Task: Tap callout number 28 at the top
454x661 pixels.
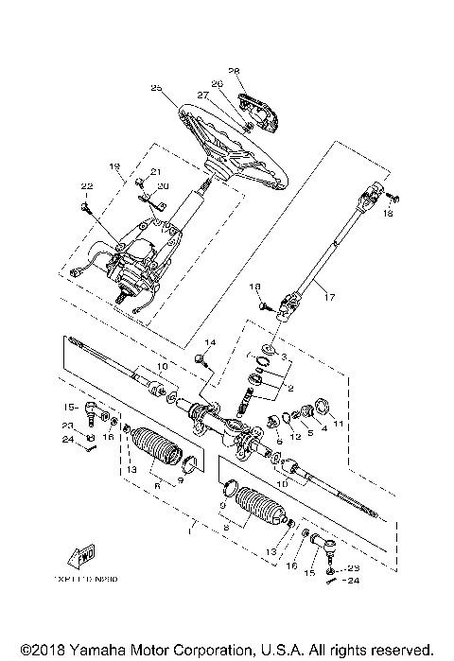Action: (x=236, y=71)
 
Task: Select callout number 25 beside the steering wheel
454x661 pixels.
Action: (x=157, y=88)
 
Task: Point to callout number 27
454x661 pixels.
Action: (x=202, y=96)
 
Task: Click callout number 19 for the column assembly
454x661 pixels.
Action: (x=115, y=166)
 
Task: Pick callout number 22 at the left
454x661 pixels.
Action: (x=86, y=185)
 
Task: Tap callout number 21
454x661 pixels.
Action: (x=156, y=171)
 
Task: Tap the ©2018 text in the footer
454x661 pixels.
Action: (x=26, y=651)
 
